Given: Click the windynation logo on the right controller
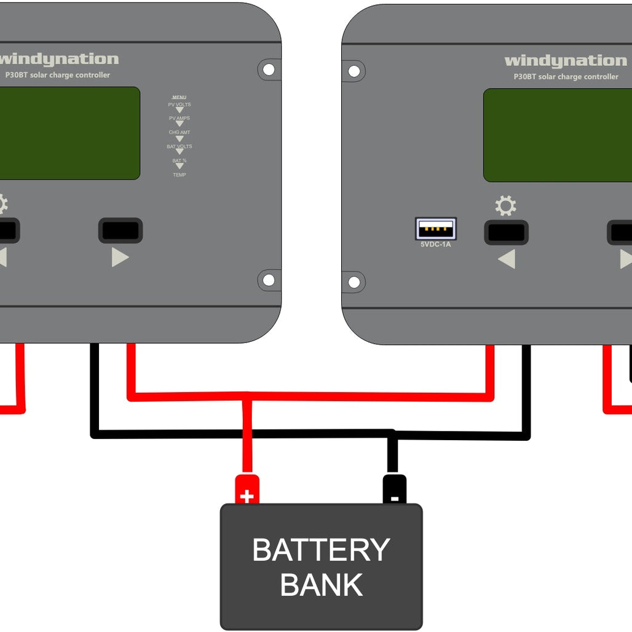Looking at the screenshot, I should point(565,61).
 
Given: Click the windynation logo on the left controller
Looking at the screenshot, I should point(60,60).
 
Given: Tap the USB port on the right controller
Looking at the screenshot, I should point(435,229).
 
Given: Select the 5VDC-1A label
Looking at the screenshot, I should point(435,244).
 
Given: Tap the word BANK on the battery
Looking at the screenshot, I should point(321,585).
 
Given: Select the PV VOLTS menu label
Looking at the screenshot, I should point(180,105).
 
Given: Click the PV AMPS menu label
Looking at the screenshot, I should point(180,118).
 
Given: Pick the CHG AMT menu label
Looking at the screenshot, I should point(180,132).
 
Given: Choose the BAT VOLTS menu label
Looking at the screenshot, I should point(180,146).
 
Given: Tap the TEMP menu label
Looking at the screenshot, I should point(180,175).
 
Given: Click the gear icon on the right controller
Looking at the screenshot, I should point(505,206).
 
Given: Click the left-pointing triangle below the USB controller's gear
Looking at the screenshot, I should point(507,259).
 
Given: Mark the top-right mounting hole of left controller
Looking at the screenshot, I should point(269,69).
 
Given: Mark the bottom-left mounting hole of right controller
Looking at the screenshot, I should point(354,282).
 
